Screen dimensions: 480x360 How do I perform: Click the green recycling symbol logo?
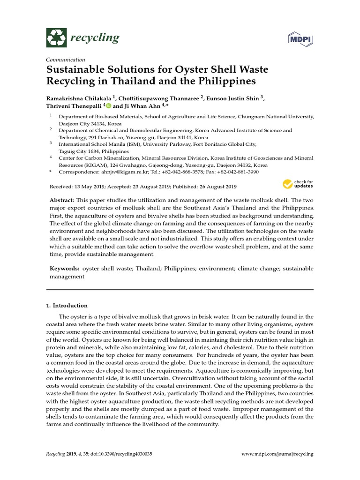tap(56, 37)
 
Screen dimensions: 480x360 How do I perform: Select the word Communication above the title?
tap(65, 60)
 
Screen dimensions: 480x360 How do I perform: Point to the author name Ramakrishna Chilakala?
tap(85, 98)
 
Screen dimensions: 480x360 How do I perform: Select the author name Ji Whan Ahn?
tap(152, 106)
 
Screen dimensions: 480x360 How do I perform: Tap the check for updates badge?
tap(297, 183)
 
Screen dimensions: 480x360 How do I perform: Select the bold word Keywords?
tap(65, 269)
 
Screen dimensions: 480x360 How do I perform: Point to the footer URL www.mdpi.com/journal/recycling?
tap(277, 454)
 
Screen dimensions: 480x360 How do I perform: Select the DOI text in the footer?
tap(125, 454)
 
